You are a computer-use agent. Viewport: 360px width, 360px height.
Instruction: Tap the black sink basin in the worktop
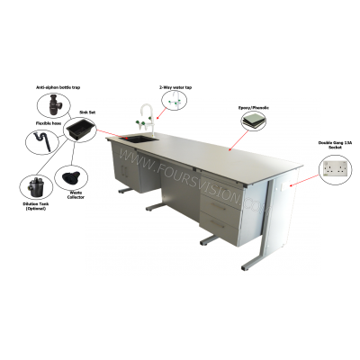click(x=139, y=138)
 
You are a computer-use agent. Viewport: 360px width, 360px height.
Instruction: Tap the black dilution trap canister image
click(x=35, y=186)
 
